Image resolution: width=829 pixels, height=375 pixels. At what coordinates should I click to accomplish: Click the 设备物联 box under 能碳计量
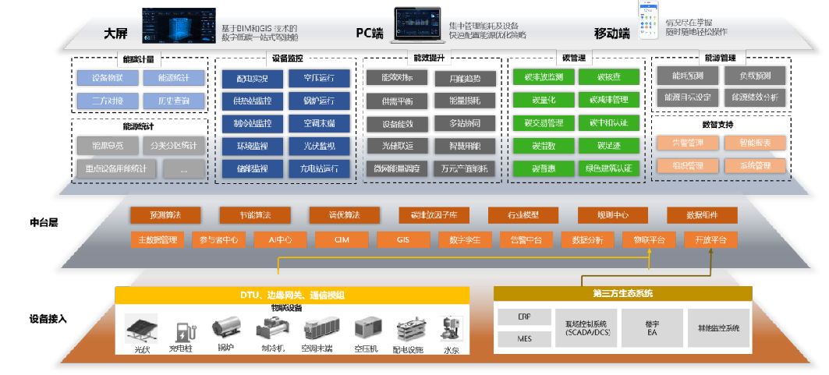[108, 78]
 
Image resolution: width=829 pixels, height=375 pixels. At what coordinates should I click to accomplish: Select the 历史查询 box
[174, 101]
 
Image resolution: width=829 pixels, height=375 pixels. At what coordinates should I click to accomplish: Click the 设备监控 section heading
[289, 58]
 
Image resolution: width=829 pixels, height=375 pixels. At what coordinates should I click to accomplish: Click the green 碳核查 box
[608, 77]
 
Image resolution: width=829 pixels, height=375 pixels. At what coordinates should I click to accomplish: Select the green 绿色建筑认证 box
[608, 168]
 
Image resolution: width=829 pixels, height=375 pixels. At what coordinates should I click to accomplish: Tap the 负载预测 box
[753, 76]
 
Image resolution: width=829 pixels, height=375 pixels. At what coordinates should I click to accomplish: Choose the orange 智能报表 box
[753, 143]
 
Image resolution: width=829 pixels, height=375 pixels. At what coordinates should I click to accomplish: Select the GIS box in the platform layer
[402, 240]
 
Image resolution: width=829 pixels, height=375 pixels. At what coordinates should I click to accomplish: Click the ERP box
[524, 317]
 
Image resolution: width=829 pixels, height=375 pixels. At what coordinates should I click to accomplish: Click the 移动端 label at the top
[611, 34]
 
